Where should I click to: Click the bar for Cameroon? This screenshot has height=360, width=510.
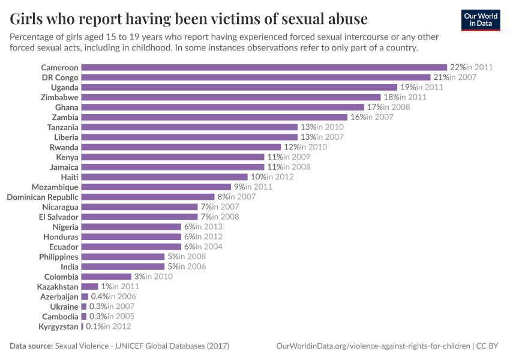click(x=264, y=67)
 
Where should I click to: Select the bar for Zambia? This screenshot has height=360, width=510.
click(x=214, y=117)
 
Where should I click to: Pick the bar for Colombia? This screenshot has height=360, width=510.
click(x=106, y=277)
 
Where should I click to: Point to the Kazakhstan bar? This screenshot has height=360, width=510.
click(x=89, y=287)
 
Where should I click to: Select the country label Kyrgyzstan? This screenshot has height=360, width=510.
click(x=59, y=326)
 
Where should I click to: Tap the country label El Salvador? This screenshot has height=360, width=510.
click(x=59, y=217)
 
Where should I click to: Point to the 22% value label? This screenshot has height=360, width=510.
click(x=458, y=67)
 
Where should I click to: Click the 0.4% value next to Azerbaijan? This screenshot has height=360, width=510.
click(x=100, y=296)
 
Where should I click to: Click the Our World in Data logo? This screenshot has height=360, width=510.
click(x=481, y=20)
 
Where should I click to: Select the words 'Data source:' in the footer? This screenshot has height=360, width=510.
click(x=31, y=346)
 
